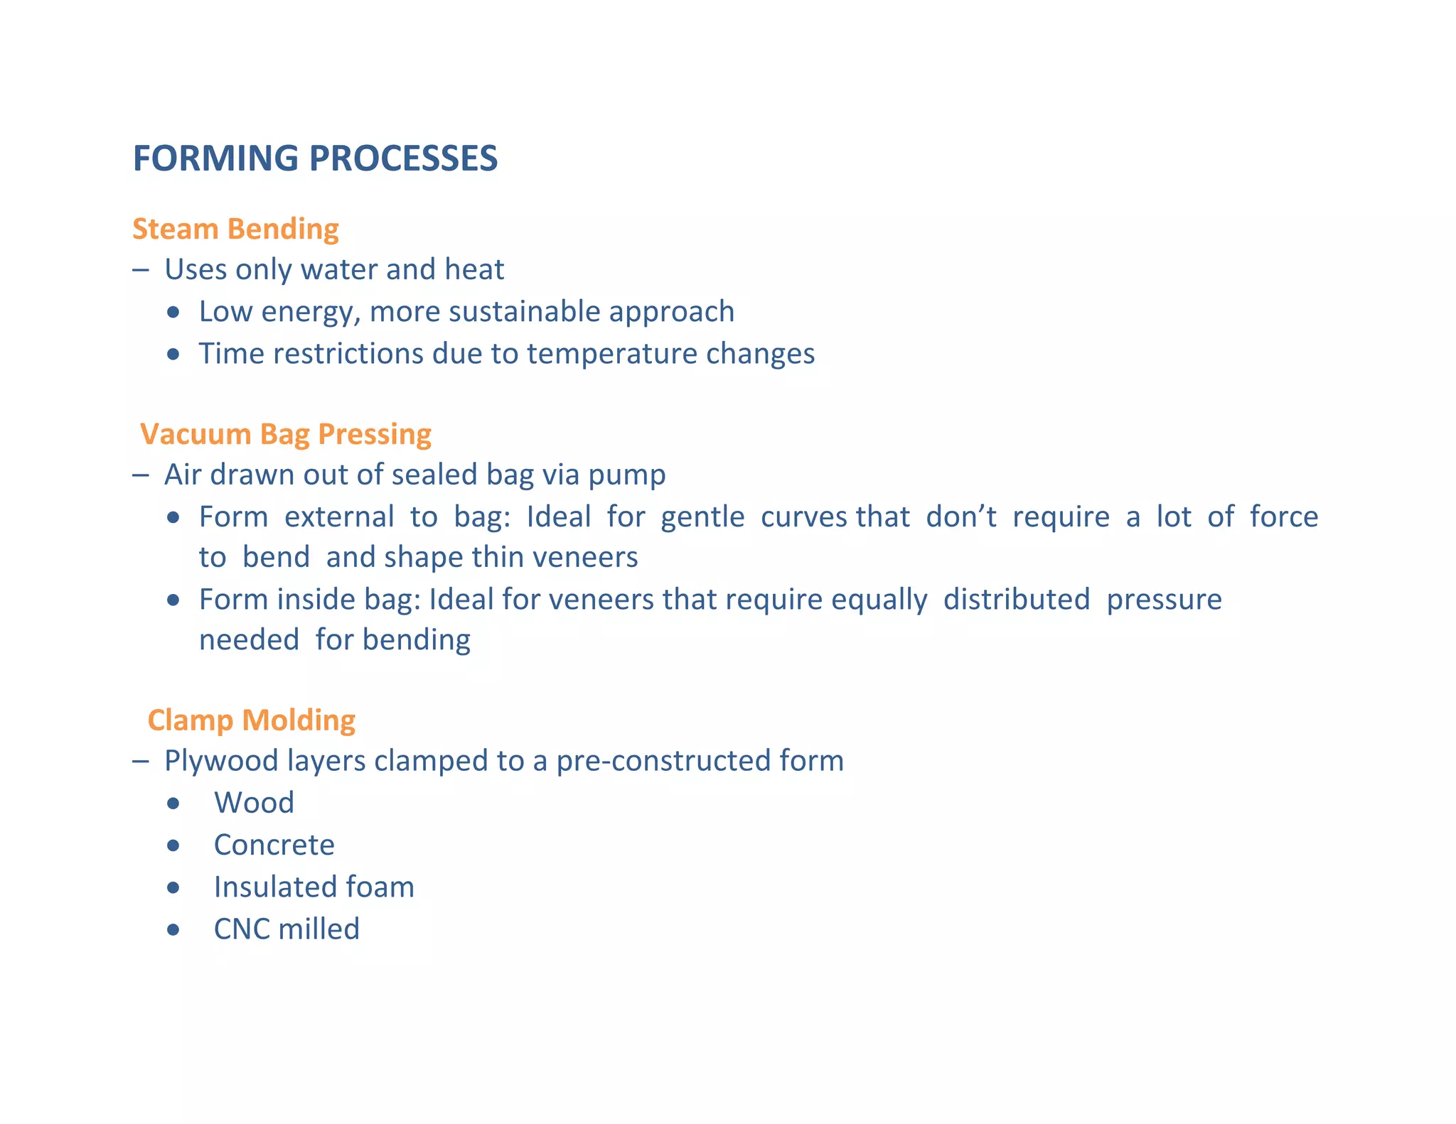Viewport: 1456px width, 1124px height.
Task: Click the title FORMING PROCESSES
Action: point(315,158)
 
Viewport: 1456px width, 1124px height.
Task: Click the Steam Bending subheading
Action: point(235,229)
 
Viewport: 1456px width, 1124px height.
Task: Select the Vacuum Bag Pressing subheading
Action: point(285,434)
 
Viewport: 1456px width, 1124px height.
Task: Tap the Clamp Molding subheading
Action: point(251,720)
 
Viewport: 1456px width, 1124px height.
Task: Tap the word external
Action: point(339,517)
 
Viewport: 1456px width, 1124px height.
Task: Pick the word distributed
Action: point(1016,600)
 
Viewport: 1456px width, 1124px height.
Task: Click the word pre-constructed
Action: point(663,761)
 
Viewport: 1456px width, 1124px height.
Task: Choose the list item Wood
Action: point(254,803)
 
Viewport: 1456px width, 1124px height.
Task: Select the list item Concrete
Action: point(274,845)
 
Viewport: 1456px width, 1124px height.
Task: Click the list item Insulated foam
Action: point(314,887)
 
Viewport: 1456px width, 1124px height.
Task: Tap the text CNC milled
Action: point(287,929)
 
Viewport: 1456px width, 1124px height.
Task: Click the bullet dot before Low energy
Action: point(173,313)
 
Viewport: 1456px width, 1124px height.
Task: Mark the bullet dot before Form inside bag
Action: point(173,600)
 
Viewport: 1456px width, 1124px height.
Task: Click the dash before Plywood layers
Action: point(140,762)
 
